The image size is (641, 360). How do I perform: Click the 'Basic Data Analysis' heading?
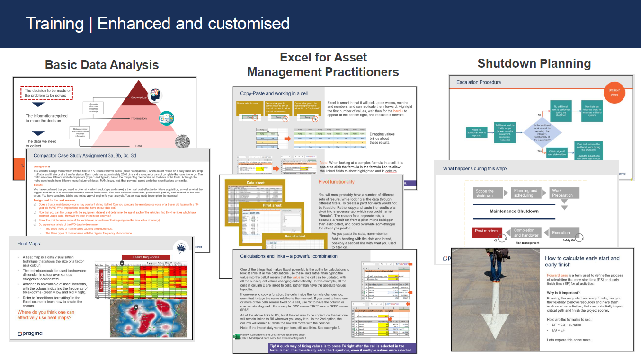click(x=102, y=65)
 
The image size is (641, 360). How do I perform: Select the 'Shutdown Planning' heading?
click(x=534, y=63)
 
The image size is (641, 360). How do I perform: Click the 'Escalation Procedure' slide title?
click(x=478, y=82)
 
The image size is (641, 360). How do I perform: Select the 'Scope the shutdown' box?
click(x=484, y=193)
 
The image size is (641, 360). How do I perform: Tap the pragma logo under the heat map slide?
click(x=30, y=334)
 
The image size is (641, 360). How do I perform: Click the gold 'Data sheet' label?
click(x=256, y=183)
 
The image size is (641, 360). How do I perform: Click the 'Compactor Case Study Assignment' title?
click(x=85, y=155)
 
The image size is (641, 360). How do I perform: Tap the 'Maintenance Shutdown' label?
click(x=514, y=211)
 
